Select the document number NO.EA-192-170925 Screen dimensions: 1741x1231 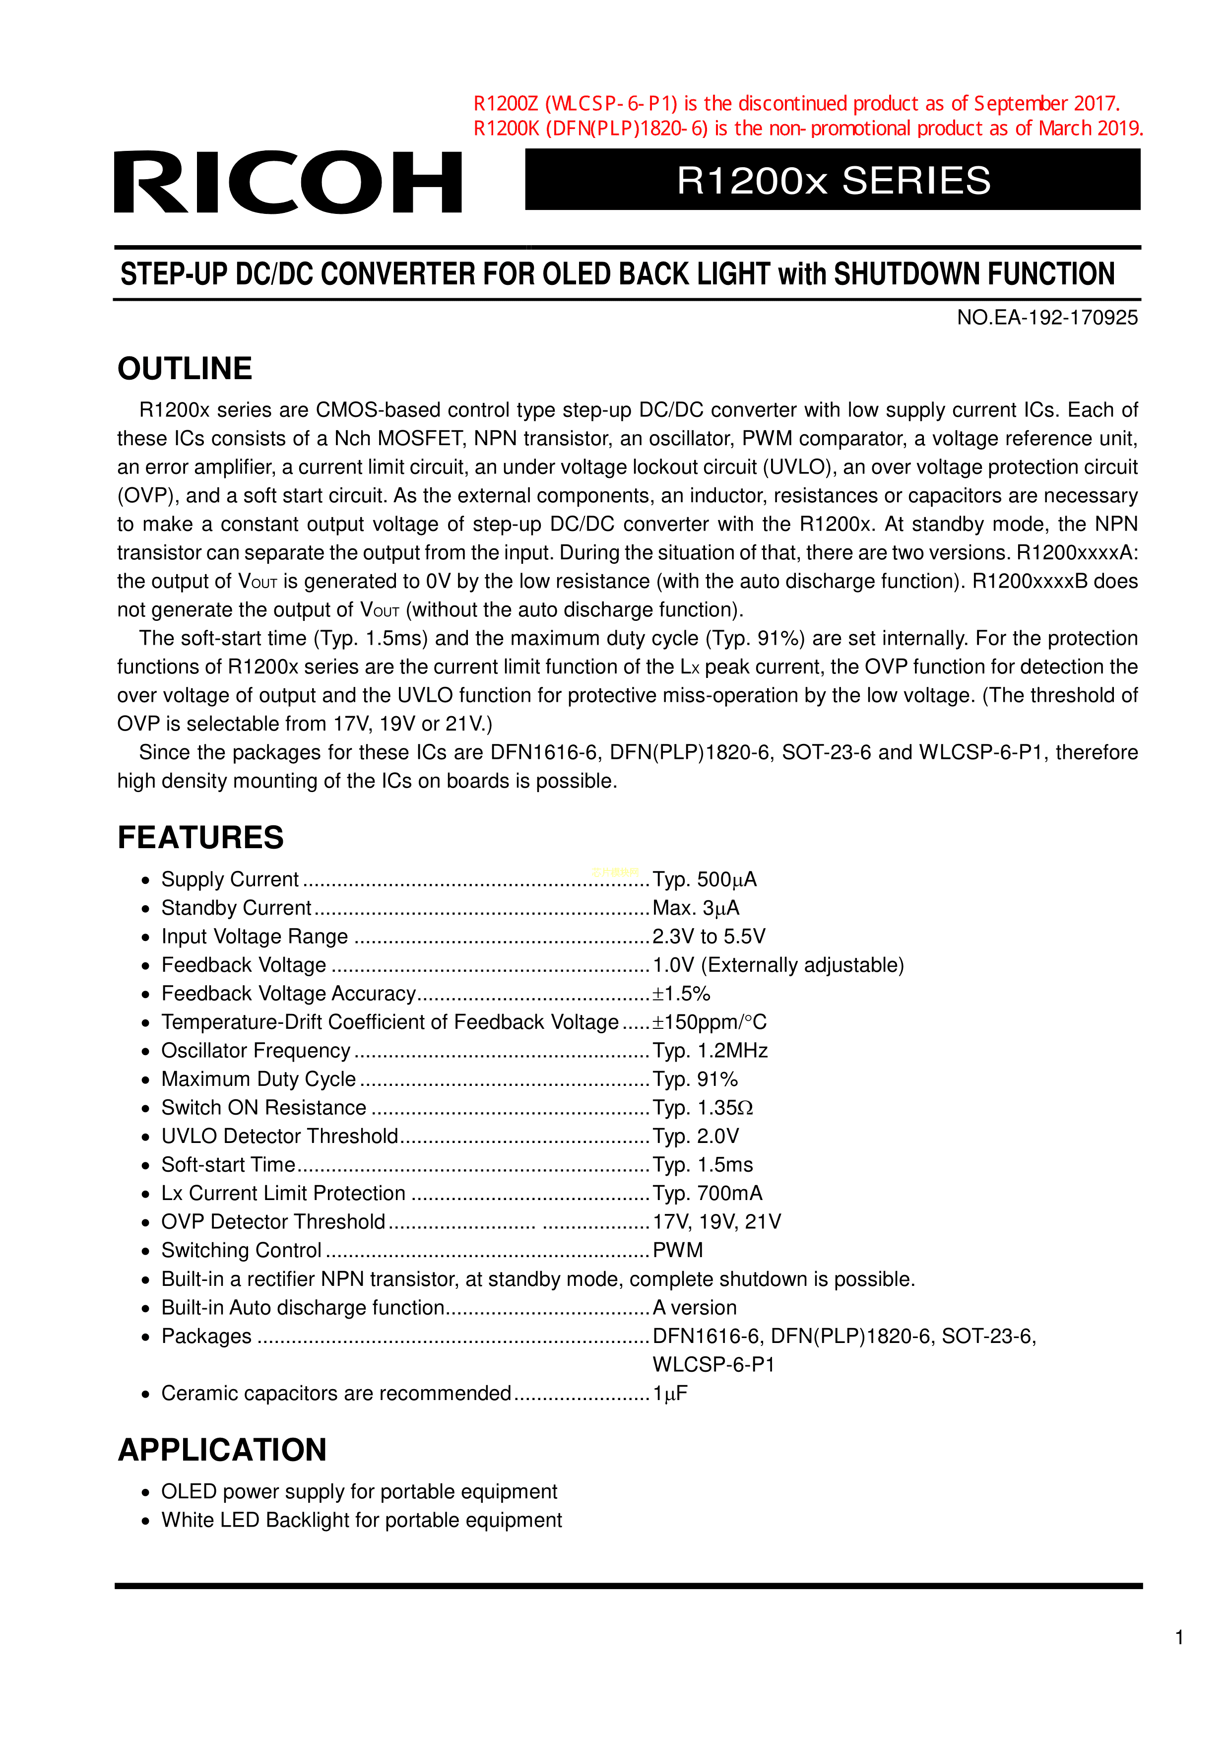click(1047, 318)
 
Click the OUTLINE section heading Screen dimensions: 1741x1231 click(185, 369)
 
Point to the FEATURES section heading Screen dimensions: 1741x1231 click(200, 838)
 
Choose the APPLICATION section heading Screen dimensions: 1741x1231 click(222, 1450)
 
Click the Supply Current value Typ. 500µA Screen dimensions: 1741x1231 click(704, 879)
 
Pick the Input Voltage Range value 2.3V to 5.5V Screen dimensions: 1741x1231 click(709, 937)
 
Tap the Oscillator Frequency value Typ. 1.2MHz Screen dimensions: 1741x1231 click(710, 1051)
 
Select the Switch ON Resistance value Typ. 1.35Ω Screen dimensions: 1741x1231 click(703, 1108)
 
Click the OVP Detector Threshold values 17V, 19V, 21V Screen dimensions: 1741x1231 click(716, 1221)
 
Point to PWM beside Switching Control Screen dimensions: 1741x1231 click(678, 1250)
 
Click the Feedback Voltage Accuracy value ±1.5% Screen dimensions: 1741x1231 click(681, 994)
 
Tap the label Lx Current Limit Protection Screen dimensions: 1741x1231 click(283, 1194)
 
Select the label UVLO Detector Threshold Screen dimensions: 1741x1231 click(280, 1136)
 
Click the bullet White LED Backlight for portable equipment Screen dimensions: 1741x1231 click(362, 1520)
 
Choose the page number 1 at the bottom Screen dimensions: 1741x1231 click(1179, 1638)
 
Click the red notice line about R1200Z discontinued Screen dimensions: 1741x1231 click(796, 103)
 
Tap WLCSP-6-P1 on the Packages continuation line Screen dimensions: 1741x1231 click(713, 1365)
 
